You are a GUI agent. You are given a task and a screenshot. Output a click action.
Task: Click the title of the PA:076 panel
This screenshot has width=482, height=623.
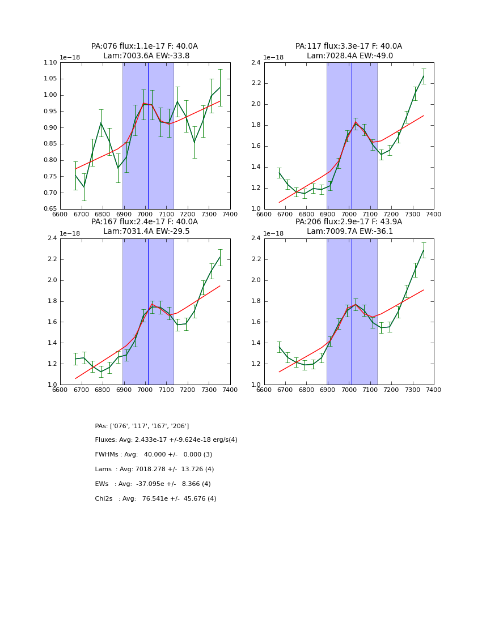click(x=145, y=51)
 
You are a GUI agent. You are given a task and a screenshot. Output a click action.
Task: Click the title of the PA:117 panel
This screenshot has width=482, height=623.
click(x=349, y=51)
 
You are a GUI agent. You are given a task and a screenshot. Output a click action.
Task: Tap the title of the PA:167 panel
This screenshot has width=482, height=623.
click(x=145, y=227)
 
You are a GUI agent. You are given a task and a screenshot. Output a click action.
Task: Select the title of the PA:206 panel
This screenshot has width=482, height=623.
click(x=349, y=227)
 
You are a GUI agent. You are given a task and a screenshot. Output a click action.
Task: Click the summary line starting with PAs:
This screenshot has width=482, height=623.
click(x=142, y=426)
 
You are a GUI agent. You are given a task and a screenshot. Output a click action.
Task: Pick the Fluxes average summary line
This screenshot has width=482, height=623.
click(x=166, y=440)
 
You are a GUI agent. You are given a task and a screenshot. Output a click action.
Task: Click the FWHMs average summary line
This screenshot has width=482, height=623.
click(x=153, y=455)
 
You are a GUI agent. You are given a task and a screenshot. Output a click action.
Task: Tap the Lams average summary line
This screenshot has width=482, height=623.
click(x=154, y=470)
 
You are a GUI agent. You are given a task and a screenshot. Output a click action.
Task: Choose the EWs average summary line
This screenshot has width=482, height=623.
click(x=153, y=484)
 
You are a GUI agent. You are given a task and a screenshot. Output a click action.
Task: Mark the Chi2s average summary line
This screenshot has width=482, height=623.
click(x=155, y=499)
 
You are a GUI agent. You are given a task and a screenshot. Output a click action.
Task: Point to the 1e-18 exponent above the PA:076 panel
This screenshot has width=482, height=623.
click(x=70, y=58)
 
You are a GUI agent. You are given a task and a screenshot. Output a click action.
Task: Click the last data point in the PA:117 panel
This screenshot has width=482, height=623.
click(x=424, y=76)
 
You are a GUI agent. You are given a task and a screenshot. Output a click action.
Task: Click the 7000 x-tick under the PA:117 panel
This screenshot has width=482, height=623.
click(x=349, y=215)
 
